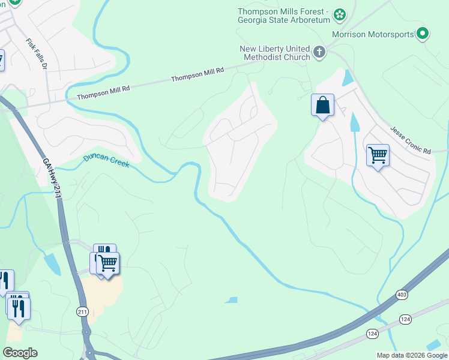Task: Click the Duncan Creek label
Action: tap(106, 161)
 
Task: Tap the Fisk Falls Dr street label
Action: tap(37, 55)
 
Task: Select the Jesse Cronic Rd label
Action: tap(411, 140)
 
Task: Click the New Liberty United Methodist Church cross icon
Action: tap(319, 52)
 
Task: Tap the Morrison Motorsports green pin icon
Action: tap(423, 34)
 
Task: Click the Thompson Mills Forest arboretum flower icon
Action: tap(340, 14)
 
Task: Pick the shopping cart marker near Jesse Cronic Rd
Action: tap(378, 155)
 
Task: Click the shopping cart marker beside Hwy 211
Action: tap(108, 263)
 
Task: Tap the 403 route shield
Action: tap(402, 295)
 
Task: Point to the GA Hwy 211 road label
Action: tap(53, 178)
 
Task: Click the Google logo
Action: tap(20, 352)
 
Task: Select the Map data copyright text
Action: tap(412, 355)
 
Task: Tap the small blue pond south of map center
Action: tap(231, 299)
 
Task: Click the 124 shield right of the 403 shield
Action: tap(406, 319)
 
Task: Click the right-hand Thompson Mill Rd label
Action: tap(197, 74)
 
